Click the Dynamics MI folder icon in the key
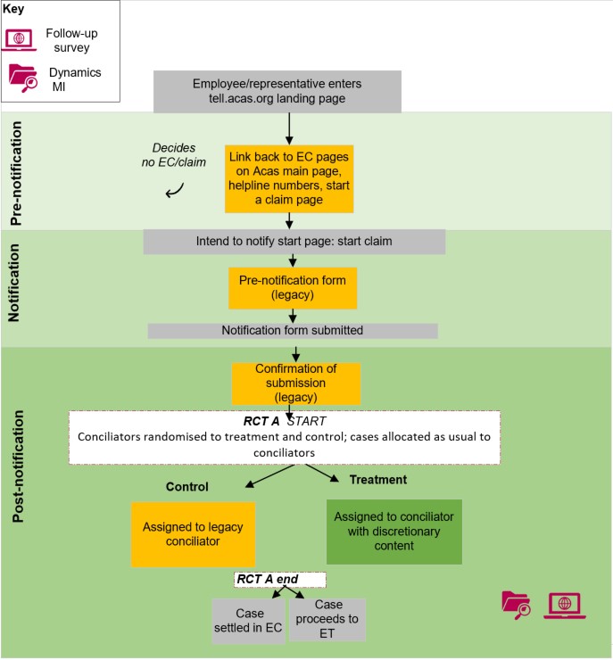[x=21, y=78]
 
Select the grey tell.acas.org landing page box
[x=278, y=91]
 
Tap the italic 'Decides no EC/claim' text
[x=173, y=155]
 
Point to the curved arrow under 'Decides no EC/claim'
[x=175, y=189]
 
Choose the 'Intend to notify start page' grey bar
[x=294, y=242]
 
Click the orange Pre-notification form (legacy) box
[x=293, y=286]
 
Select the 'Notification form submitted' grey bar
[x=293, y=330]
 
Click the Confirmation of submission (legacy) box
[x=295, y=383]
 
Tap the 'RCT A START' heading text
[x=285, y=420]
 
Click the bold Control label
[x=186, y=487]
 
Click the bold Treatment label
[x=377, y=479]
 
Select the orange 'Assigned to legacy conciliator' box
[x=193, y=533]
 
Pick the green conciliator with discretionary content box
[x=393, y=531]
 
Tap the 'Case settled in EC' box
[x=248, y=620]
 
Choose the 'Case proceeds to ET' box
[x=328, y=619]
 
